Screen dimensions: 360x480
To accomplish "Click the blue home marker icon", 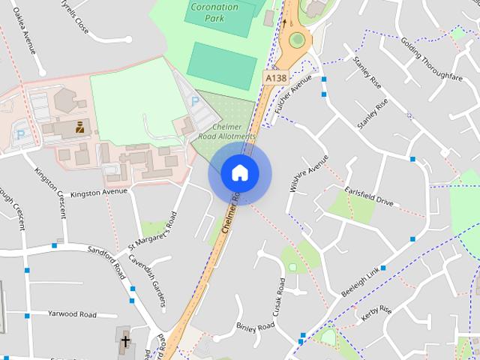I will click(239, 173).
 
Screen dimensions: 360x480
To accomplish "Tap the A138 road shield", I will click(274, 76).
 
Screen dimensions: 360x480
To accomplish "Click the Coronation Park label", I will click(214, 13).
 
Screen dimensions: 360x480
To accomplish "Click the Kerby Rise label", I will click(376, 313).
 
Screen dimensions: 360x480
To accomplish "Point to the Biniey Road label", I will click(256, 327).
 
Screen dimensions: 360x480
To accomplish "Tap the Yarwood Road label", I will click(73, 313).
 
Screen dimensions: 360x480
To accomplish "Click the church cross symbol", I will click(124, 343).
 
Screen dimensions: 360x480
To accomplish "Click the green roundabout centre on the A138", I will click(297, 39).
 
